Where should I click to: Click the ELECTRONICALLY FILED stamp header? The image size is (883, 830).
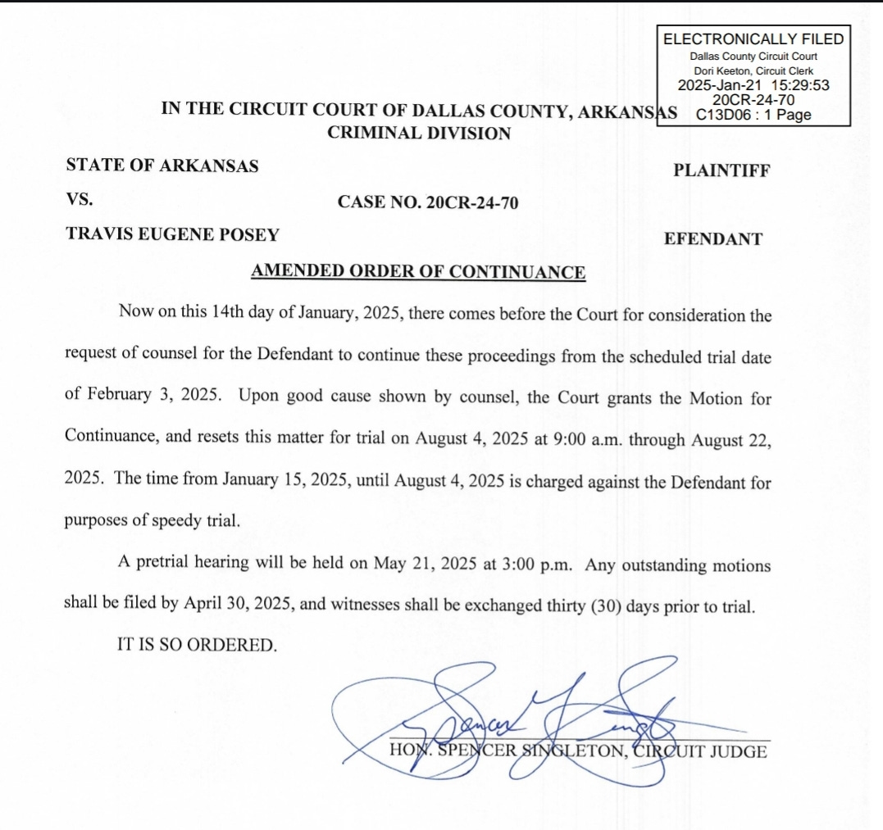pos(753,39)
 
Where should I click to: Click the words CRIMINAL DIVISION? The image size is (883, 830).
pos(418,133)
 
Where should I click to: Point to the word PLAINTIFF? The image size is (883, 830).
pos(721,171)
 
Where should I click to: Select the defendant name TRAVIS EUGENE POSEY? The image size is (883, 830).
pos(172,234)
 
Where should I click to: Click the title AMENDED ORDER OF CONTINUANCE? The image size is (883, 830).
pos(418,272)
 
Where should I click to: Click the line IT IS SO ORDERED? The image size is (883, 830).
pos(198,645)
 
